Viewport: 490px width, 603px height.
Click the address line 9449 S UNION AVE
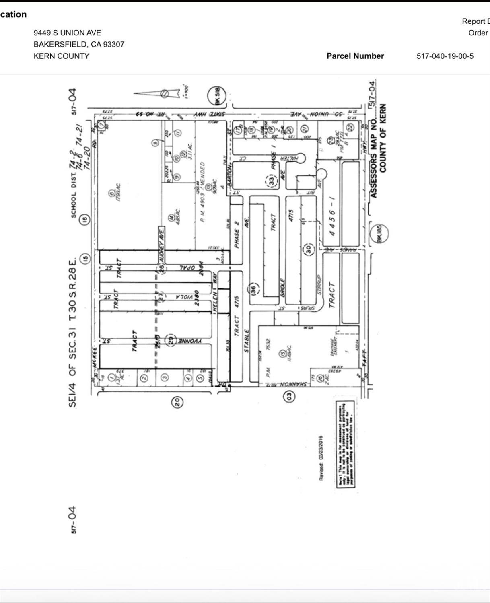coord(67,33)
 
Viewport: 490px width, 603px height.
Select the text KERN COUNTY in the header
coord(61,56)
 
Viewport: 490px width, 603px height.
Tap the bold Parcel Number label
coord(355,56)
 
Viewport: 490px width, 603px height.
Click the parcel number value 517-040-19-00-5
coord(445,56)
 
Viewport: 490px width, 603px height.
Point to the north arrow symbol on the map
coord(159,93)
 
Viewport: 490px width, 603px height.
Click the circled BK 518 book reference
coord(217,97)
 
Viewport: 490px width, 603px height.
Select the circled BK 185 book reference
coord(380,233)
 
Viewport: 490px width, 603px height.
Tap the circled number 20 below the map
coord(177,401)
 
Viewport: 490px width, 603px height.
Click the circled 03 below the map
coord(289,396)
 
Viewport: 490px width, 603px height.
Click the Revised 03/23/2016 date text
coord(321,458)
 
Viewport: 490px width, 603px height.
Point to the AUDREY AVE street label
coord(161,238)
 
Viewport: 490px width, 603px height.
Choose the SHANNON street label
coord(292,384)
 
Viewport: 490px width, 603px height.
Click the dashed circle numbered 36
coord(253,289)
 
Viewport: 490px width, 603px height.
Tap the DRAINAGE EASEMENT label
coord(335,346)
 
